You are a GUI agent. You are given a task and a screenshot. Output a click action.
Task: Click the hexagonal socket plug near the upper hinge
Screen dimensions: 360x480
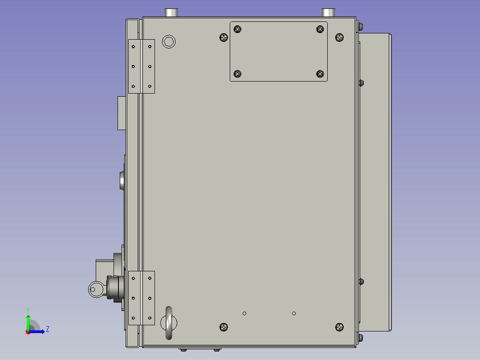tap(169, 42)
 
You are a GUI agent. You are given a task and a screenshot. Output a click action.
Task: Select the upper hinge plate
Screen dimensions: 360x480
tap(142, 66)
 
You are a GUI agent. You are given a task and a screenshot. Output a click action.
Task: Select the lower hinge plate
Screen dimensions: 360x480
tap(142, 298)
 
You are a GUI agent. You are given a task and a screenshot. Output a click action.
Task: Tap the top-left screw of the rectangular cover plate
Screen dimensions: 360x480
tap(238, 29)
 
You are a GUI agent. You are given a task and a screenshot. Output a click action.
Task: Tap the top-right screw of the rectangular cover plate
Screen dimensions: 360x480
tap(320, 29)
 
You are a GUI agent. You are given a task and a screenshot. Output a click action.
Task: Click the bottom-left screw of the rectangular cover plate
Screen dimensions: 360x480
tap(238, 74)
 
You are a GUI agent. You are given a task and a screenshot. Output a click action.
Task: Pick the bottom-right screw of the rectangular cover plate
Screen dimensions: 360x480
tap(320, 74)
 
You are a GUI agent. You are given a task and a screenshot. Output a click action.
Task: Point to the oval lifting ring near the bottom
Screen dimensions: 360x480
tap(169, 323)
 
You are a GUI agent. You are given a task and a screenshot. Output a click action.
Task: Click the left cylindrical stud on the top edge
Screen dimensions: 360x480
tap(171, 12)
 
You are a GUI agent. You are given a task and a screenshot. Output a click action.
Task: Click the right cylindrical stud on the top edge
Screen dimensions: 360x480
tap(329, 12)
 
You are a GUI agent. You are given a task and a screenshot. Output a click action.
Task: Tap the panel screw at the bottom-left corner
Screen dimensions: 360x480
tap(224, 327)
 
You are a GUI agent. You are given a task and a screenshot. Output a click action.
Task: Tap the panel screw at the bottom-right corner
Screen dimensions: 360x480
tap(339, 327)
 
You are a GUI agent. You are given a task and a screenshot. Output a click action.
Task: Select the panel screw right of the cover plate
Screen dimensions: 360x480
tap(339, 38)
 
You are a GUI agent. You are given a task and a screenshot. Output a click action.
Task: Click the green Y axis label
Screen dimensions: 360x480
tap(28, 309)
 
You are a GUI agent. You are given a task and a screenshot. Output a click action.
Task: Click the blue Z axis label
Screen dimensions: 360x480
tap(47, 329)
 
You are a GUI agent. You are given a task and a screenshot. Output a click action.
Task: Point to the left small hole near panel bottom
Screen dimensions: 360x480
tap(244, 313)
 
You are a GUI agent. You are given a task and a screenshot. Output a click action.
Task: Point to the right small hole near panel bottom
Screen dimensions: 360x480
tap(294, 313)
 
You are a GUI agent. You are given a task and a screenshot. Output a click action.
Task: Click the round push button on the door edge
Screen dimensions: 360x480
tap(122, 180)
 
